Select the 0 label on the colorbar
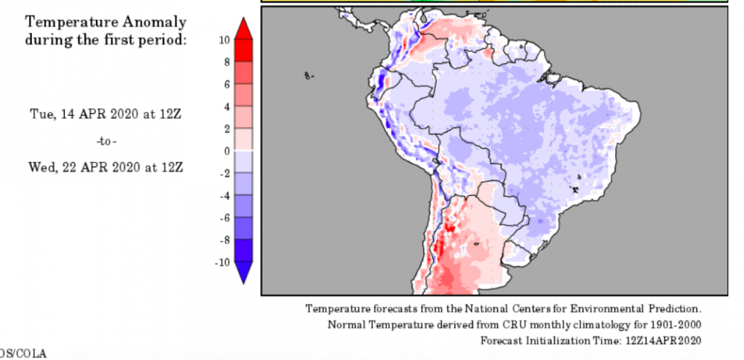tap(225, 151)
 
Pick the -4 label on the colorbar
tap(222, 196)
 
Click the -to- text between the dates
tap(106, 141)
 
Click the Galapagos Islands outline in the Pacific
tap(309, 75)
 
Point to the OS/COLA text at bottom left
tap(22, 353)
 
